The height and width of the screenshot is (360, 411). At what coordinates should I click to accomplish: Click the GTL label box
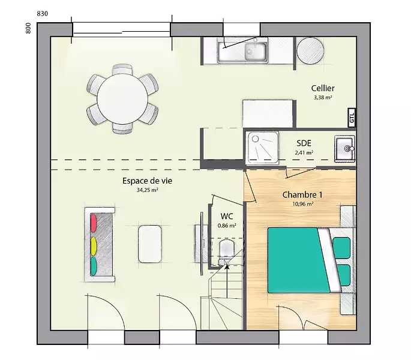(x=352, y=118)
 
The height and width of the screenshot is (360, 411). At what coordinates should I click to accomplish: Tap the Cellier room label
(x=323, y=88)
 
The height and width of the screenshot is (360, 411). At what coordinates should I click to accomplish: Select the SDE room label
(x=304, y=143)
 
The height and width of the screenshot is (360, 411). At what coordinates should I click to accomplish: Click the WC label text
(x=227, y=217)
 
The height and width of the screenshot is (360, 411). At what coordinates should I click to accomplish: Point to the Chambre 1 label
(x=302, y=194)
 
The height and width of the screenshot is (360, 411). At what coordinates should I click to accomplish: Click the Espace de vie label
(x=148, y=181)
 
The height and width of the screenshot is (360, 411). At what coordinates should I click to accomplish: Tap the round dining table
(x=122, y=99)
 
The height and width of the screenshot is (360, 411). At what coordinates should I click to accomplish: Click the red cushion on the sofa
(x=94, y=223)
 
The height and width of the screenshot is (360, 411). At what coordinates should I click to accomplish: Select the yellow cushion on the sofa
(x=94, y=246)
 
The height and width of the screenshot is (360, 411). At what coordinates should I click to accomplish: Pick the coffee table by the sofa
(x=150, y=244)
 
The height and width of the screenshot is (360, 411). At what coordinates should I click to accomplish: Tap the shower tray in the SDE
(x=262, y=148)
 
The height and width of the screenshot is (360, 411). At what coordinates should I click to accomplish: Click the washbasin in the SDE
(x=344, y=149)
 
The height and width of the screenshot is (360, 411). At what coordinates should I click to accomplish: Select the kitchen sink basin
(x=256, y=52)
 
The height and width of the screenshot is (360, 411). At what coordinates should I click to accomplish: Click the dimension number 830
(x=43, y=14)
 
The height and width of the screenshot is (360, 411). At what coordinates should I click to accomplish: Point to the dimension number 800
(x=28, y=28)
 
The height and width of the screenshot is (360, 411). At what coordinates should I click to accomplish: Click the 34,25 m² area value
(x=148, y=190)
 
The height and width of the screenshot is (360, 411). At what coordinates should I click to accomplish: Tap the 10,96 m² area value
(x=303, y=204)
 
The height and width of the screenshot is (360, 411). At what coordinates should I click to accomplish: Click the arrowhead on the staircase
(x=227, y=266)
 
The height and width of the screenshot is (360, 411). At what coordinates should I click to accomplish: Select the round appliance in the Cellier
(x=310, y=51)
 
